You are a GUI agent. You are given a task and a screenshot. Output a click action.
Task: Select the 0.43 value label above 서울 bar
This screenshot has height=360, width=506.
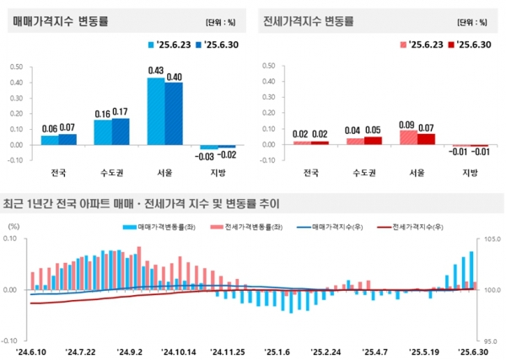[x=155, y=70]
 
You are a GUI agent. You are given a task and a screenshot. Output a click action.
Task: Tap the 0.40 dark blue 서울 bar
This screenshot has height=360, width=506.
[x=174, y=113]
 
